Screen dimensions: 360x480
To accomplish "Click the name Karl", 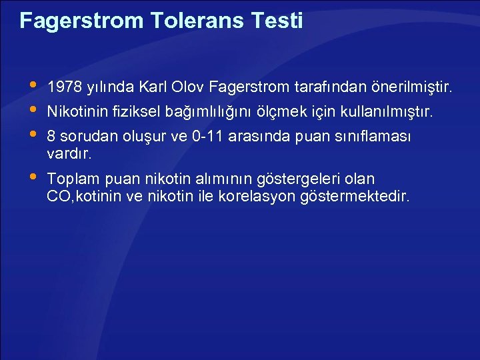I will tap(152, 87).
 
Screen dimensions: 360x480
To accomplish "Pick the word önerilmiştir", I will tap(411, 87).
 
